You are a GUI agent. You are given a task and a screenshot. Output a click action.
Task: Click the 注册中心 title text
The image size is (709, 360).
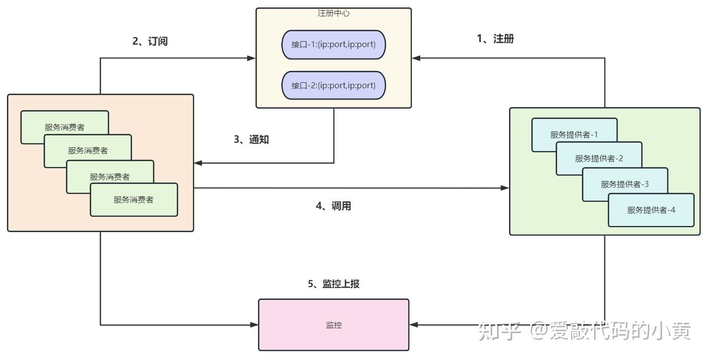coord(333,13)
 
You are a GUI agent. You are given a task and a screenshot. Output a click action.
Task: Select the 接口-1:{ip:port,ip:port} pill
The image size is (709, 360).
coord(333,45)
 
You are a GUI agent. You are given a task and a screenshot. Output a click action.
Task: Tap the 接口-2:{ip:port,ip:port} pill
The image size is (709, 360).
coord(333,85)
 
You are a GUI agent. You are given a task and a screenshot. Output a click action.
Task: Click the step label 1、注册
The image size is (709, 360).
coord(495,39)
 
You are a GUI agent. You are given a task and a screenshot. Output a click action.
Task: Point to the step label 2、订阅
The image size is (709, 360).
coord(150,41)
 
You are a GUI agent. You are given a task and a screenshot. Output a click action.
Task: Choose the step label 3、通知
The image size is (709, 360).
coord(251,139)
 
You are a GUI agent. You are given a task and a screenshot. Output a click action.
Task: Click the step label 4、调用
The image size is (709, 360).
coord(333,206)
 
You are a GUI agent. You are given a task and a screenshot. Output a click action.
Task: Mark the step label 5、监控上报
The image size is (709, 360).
coord(333,284)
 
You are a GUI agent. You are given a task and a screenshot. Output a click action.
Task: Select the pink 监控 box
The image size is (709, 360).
coord(333,325)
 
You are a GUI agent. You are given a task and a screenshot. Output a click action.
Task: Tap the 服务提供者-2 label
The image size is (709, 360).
coord(599,158)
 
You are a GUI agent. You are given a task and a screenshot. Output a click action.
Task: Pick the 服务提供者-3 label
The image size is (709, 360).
coord(625,184)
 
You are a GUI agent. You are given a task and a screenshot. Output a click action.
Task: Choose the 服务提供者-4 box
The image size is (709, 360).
coord(651,210)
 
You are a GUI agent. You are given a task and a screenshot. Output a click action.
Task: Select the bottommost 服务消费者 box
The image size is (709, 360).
coord(134,200)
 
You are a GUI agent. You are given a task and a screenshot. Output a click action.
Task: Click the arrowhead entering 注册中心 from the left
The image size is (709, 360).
coord(252,58)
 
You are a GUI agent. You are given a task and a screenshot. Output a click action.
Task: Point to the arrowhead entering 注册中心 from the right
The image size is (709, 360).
coord(416,58)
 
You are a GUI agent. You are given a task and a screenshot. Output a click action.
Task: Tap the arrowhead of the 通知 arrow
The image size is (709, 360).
coord(198,163)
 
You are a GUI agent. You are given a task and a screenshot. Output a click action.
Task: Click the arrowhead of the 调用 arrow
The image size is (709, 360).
coord(505,188)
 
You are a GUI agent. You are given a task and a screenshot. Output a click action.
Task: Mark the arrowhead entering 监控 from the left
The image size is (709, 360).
coord(254,325)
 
